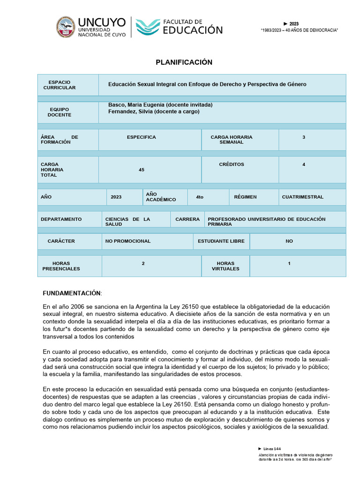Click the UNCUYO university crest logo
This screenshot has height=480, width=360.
(66, 27)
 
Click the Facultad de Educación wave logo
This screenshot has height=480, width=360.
(147, 27)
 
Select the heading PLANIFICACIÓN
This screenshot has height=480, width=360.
(184, 62)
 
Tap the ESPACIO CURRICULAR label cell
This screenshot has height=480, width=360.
(59, 85)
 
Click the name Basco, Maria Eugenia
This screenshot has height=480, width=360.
(136, 105)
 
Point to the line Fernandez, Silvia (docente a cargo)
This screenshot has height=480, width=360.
(154, 112)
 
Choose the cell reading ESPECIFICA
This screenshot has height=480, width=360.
(141, 137)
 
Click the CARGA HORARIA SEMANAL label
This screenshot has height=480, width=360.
(231, 139)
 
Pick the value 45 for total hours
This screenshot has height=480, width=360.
(142, 170)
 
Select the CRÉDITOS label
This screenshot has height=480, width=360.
(231, 165)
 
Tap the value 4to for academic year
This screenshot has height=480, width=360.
(200, 197)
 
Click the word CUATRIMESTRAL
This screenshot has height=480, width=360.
(302, 197)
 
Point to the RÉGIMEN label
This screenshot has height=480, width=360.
(245, 197)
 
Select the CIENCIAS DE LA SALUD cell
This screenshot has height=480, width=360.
(127, 222)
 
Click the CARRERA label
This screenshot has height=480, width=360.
(187, 219)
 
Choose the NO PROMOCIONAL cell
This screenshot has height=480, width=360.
(127, 241)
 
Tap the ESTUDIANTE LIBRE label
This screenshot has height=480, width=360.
(221, 241)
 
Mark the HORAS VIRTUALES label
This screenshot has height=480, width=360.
(225, 266)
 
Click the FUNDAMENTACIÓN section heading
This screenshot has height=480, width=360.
(72, 293)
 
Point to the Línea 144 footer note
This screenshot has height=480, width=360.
(272, 449)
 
